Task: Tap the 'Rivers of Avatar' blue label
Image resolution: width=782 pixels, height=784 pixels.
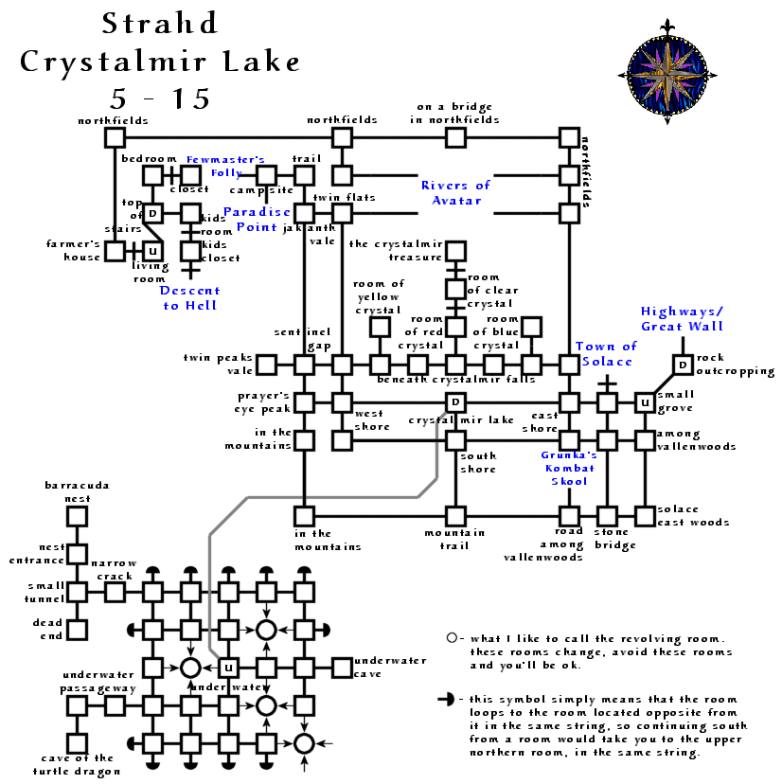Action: coord(455,192)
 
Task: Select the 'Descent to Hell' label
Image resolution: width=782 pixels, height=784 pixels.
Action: coord(189,297)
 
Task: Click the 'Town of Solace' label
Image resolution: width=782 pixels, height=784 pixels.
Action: coord(607,355)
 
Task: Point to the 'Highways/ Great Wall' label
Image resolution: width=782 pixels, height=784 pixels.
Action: coord(682,318)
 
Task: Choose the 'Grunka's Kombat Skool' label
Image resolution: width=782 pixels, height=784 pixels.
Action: coord(568,468)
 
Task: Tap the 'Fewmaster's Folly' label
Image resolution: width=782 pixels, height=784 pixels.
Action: coord(225,166)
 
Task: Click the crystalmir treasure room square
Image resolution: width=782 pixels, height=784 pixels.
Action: coord(455,251)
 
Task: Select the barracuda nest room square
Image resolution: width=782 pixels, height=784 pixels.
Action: coord(77,516)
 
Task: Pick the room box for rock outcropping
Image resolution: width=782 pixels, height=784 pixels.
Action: coord(682,365)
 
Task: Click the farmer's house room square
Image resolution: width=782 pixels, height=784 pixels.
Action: coord(115,251)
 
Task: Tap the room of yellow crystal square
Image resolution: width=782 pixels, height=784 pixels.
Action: coord(380,327)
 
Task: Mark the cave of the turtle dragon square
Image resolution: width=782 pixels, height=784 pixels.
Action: coord(77,743)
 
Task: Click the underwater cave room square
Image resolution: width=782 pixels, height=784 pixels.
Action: coord(342,668)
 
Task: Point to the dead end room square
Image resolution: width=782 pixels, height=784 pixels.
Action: coord(77,630)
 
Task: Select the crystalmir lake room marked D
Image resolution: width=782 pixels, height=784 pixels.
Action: coord(455,402)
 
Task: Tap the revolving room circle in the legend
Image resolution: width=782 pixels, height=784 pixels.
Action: coord(452,638)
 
